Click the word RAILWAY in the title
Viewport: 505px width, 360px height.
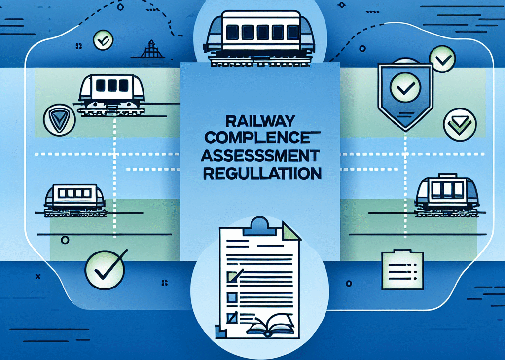pyautogui.click(x=260, y=121)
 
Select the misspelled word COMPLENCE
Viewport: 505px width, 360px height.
pyautogui.click(x=257, y=138)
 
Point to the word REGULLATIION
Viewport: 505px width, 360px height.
pyautogui.click(x=262, y=173)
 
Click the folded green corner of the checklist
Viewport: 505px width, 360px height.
pyautogui.click(x=291, y=231)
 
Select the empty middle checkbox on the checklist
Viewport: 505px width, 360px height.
pyautogui.click(x=232, y=297)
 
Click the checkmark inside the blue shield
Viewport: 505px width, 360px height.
pyautogui.click(x=405, y=87)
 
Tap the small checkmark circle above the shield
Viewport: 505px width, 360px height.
pyautogui.click(x=442, y=59)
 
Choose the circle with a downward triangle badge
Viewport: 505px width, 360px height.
pyautogui.click(x=59, y=119)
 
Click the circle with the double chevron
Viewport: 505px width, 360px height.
pyautogui.click(x=460, y=125)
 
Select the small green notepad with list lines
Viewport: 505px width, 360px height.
pyautogui.click(x=402, y=270)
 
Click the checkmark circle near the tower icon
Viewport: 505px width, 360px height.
pyautogui.click(x=103, y=40)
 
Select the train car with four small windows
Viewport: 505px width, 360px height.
pyautogui.click(x=74, y=200)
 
